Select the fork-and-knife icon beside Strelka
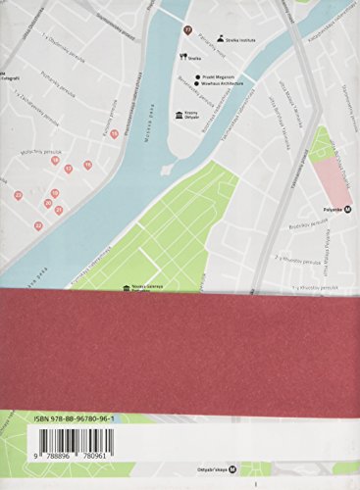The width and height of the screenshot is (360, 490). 184,57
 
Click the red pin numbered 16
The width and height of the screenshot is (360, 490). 55,160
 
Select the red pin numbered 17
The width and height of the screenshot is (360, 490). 69,169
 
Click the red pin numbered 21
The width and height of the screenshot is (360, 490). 58,210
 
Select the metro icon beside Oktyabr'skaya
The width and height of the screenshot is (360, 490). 246,468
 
